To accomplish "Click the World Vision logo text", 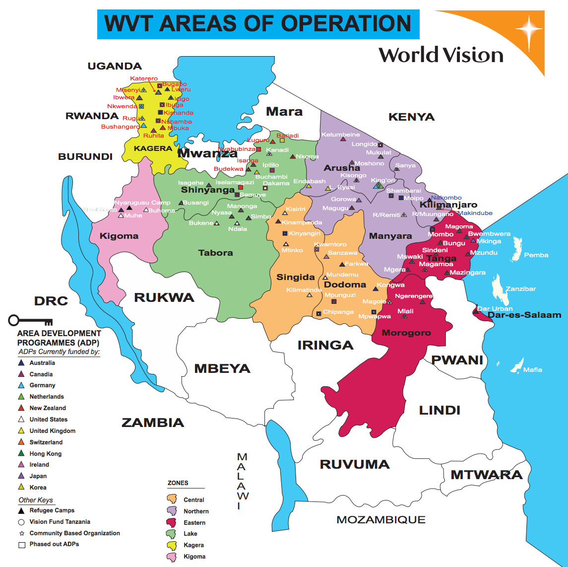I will [x=441, y=55].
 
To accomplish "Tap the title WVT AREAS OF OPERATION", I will [x=258, y=23].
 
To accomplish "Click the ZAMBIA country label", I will [x=153, y=423].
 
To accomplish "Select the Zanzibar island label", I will [x=520, y=289].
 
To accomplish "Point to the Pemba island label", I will [x=536, y=255].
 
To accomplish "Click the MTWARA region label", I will [x=486, y=475].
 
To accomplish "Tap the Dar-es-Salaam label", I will [x=524, y=315].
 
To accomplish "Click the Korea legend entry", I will [x=38, y=488].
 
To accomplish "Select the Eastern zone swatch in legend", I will [x=172, y=522].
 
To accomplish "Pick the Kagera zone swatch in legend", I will [x=172, y=545].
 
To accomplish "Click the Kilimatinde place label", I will [x=304, y=290].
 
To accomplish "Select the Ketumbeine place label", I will [x=340, y=135].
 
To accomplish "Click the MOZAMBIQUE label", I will [x=380, y=520].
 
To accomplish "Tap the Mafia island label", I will [x=533, y=370].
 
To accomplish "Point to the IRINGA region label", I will [x=325, y=345].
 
